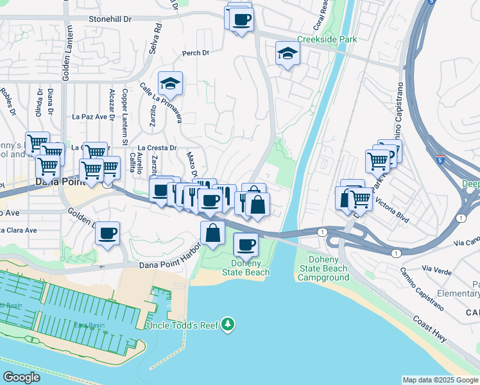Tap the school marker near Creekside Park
[287, 54]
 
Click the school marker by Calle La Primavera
[170, 83]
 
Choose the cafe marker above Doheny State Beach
[246, 244]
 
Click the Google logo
[22, 377]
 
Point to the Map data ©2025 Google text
[440, 380]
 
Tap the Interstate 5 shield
[440, 156]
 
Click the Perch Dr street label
[196, 53]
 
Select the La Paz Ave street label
[89, 117]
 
